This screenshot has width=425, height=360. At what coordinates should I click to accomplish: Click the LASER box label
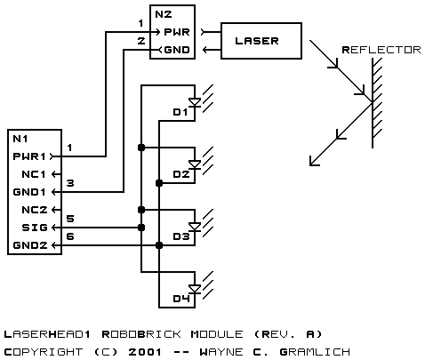point(257,41)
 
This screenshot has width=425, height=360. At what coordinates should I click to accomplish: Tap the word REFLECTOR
point(381,50)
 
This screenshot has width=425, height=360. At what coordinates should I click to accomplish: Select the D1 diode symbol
point(195,102)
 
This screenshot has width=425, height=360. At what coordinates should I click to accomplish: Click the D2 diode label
point(181,174)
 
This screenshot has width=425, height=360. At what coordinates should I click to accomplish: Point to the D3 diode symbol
point(195,227)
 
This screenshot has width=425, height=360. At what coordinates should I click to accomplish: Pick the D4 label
point(181,299)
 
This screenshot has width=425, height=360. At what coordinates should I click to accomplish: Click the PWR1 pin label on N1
point(29,156)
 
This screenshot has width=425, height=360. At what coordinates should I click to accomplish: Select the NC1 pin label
point(34,174)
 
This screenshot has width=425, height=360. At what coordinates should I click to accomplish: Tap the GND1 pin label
point(29,192)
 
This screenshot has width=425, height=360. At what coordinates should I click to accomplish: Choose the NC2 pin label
point(35,210)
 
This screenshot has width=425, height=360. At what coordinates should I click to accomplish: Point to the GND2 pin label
point(30,245)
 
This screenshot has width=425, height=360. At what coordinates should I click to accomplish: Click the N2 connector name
point(164,14)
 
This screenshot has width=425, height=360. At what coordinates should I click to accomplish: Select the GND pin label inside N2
point(177,50)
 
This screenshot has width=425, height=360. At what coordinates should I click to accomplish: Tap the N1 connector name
point(20,139)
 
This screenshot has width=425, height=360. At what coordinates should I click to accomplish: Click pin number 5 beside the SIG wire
point(70,219)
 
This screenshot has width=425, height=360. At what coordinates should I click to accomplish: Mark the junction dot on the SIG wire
point(141,228)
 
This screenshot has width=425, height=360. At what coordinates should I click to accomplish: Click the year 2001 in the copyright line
point(145,352)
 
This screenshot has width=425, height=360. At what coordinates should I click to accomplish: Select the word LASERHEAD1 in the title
point(47,334)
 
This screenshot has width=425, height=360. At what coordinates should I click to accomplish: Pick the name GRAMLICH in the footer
point(315,352)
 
